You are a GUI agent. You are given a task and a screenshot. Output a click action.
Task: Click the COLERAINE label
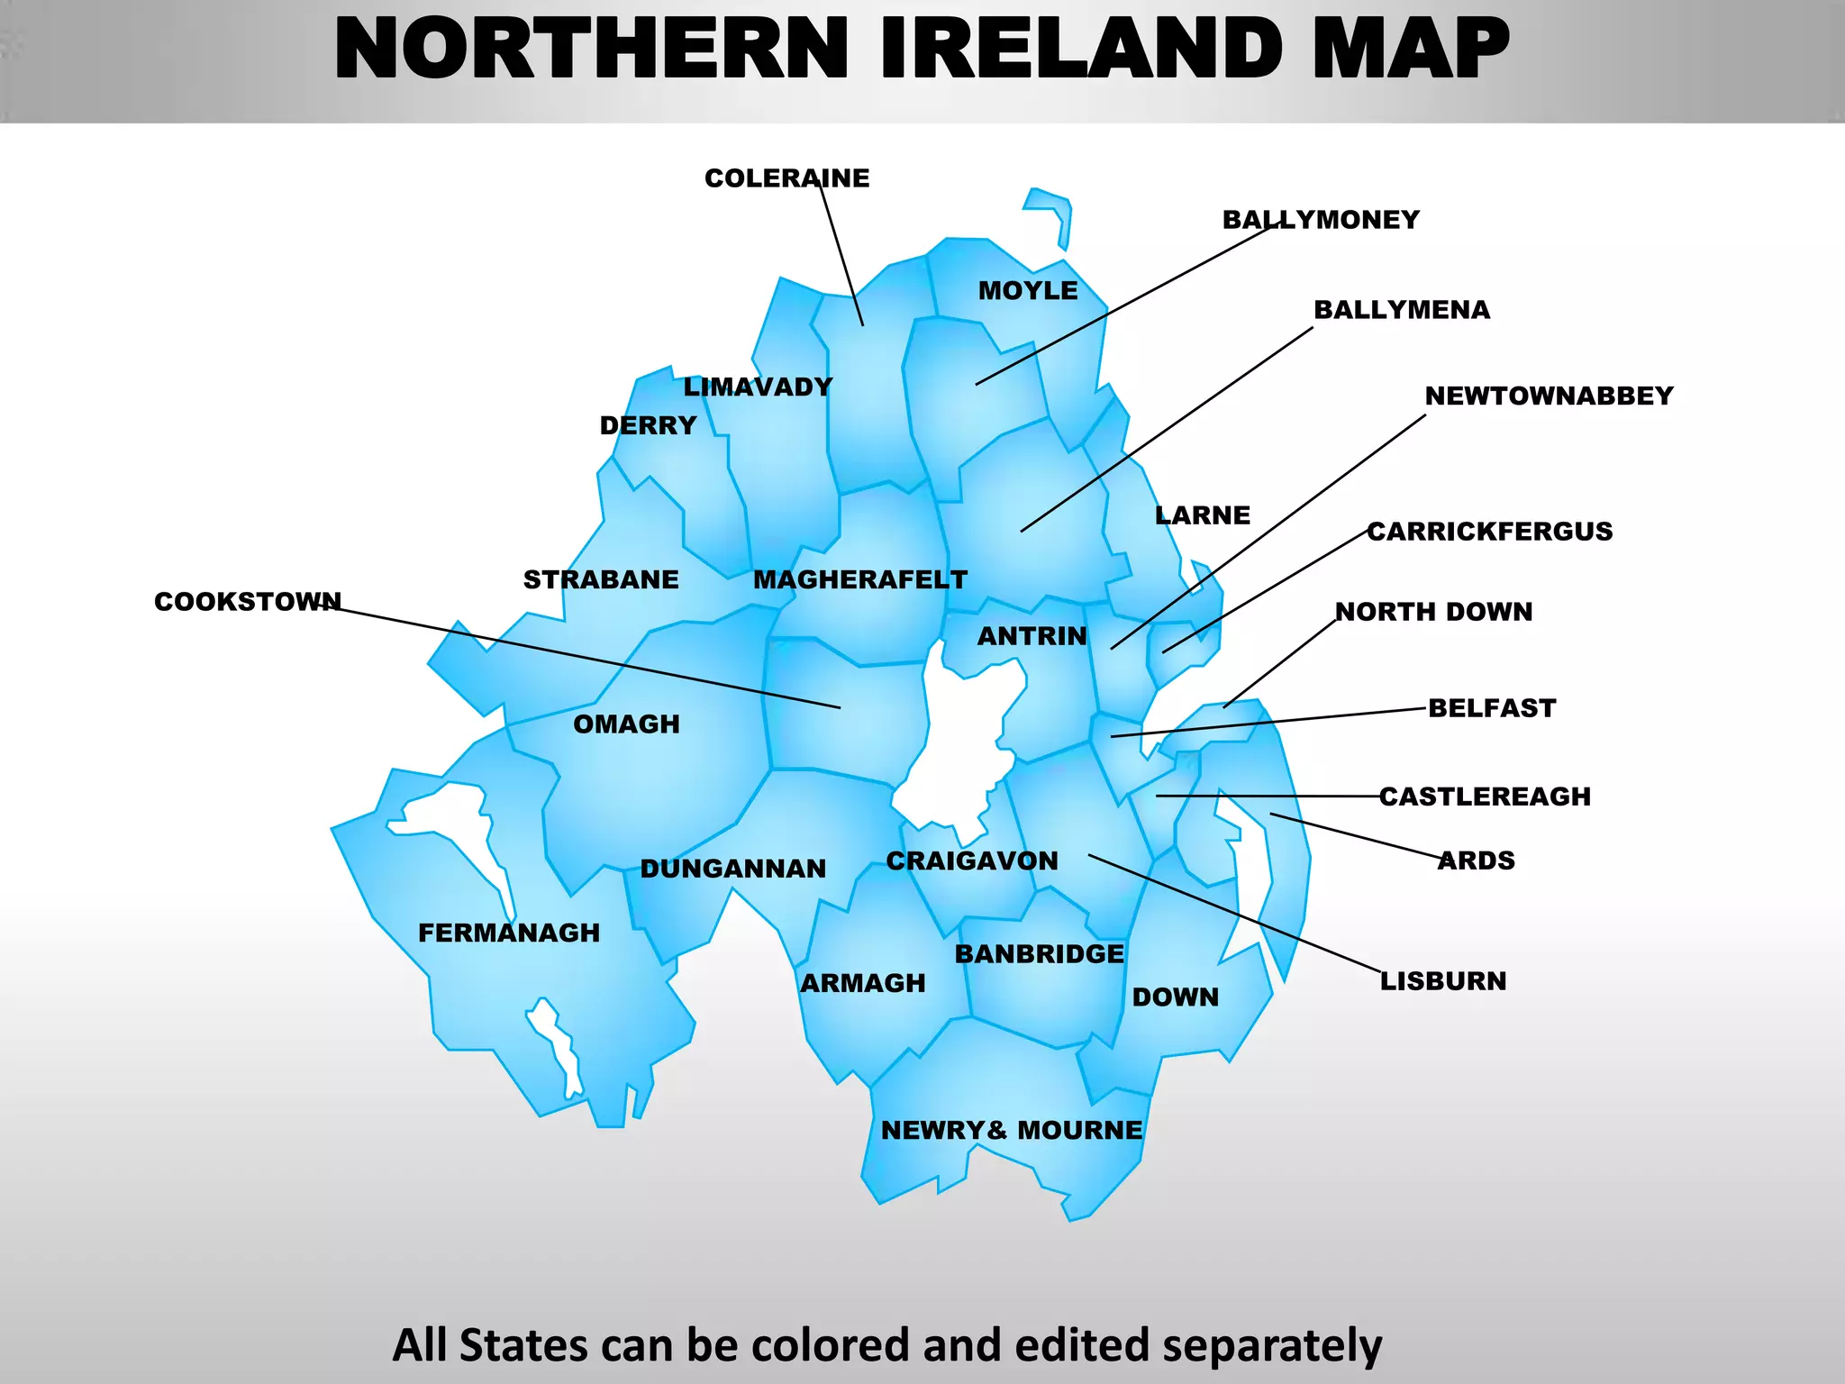point(786,178)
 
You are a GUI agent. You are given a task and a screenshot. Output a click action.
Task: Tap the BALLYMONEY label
point(1321,220)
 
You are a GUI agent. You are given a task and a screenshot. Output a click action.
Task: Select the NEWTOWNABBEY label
point(1549,396)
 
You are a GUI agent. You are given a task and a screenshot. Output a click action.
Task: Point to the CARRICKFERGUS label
point(1489,532)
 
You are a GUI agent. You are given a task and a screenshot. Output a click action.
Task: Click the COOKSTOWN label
point(248,602)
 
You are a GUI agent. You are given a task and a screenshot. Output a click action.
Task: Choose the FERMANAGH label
point(509,933)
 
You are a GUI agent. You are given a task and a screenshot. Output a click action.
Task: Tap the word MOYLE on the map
point(1028,291)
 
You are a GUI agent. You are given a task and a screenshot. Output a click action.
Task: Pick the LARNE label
point(1203,515)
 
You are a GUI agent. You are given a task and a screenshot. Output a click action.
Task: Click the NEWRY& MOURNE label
point(1011,1130)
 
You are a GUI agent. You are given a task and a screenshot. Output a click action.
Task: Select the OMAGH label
point(626,724)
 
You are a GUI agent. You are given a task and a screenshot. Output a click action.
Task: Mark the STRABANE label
point(601,580)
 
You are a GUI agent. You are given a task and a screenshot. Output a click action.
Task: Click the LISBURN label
point(1443,981)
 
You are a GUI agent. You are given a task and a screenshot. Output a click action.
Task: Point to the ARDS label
point(1477,860)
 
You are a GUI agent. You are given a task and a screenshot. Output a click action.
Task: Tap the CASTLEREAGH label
point(1485,797)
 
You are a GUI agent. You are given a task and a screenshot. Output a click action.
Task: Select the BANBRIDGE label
point(1040,954)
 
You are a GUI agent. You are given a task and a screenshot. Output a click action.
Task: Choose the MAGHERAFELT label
point(860,580)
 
